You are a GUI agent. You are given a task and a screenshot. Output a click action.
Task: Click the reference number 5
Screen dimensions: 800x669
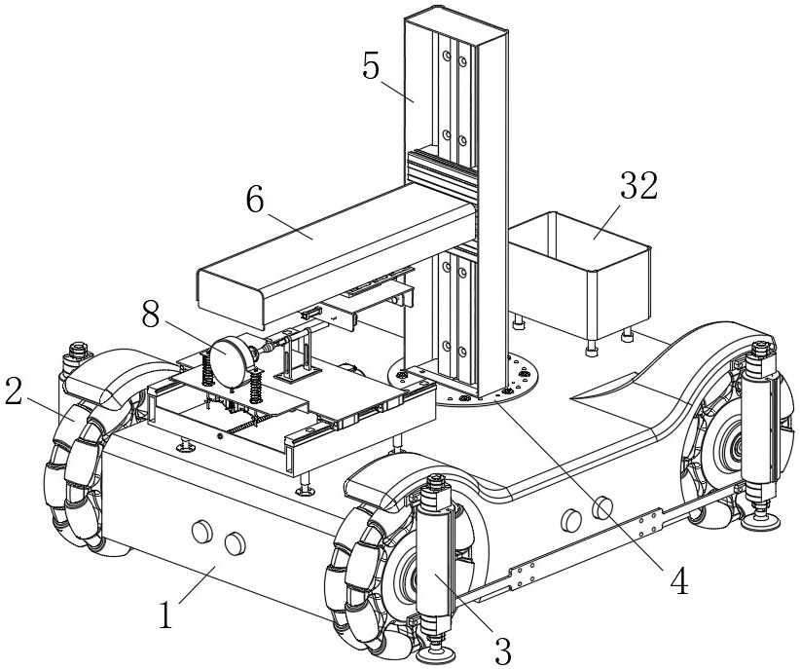371,66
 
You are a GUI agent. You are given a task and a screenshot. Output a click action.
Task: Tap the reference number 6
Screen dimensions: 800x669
255,200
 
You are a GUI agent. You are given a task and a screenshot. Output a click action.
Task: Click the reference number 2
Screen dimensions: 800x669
14,391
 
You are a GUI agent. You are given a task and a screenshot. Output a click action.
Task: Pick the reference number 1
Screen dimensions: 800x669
165,614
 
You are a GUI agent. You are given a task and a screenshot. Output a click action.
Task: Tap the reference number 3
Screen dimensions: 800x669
502,650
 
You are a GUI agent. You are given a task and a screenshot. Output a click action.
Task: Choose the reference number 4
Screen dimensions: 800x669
679,581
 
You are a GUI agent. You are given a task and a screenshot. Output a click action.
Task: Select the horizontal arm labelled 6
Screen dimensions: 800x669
337,253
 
